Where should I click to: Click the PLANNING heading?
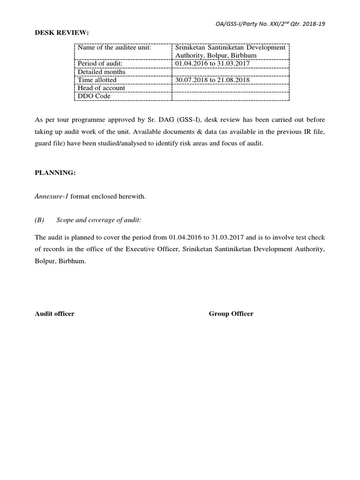click(55, 172)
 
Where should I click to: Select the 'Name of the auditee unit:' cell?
click(114, 48)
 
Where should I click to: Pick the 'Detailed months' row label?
click(101, 72)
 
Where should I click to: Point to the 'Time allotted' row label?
click(97, 80)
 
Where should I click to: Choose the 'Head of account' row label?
click(101, 88)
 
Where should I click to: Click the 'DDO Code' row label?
click(94, 96)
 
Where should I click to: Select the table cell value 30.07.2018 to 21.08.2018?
click(212, 80)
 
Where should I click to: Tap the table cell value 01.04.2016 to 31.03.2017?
click(212, 64)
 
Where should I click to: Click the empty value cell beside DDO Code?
click(231, 96)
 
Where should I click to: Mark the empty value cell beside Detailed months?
click(231, 72)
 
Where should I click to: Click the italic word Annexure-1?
click(52, 196)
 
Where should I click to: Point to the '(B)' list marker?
click(39, 220)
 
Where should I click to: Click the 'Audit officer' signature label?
click(54, 314)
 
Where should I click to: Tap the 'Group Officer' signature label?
click(231, 314)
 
